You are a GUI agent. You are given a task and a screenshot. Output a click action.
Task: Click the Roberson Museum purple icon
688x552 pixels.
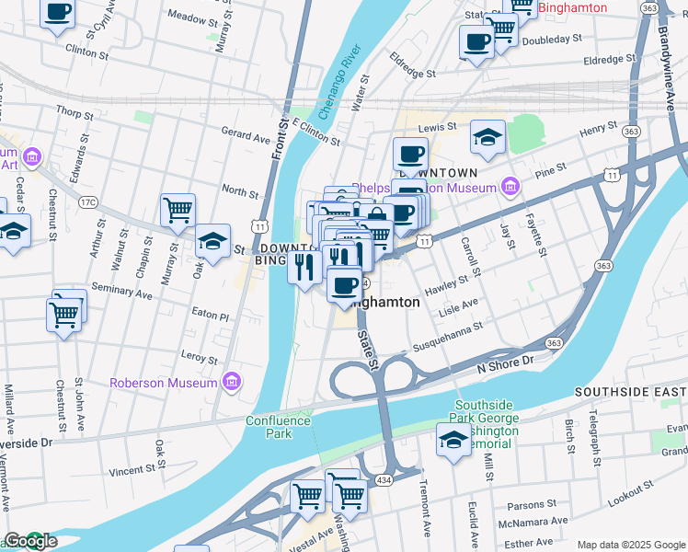click(x=230, y=382)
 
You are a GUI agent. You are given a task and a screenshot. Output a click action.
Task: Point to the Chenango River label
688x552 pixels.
click(x=338, y=83)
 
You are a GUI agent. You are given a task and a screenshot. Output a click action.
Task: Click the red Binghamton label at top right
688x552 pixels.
click(x=572, y=8)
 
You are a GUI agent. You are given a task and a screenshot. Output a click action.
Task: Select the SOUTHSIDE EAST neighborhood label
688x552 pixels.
click(x=630, y=392)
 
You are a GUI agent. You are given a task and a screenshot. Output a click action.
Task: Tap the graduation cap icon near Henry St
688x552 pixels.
click(x=487, y=138)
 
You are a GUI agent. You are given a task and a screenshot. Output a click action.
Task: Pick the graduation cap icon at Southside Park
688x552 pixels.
click(x=453, y=441)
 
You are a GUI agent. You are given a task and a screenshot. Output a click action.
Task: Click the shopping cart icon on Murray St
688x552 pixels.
click(x=177, y=210)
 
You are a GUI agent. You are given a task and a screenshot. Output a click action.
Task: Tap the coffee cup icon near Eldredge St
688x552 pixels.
click(x=476, y=42)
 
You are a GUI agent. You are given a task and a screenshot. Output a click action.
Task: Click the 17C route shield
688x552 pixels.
click(x=87, y=201)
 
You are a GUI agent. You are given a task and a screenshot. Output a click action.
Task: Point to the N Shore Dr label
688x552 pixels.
click(x=505, y=363)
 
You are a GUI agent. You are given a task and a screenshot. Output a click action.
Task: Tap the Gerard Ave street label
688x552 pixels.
click(x=246, y=136)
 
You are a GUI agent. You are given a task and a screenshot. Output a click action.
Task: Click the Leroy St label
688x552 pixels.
click(x=200, y=360)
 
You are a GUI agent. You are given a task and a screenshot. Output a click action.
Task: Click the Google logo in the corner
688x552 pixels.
click(x=30, y=542)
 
